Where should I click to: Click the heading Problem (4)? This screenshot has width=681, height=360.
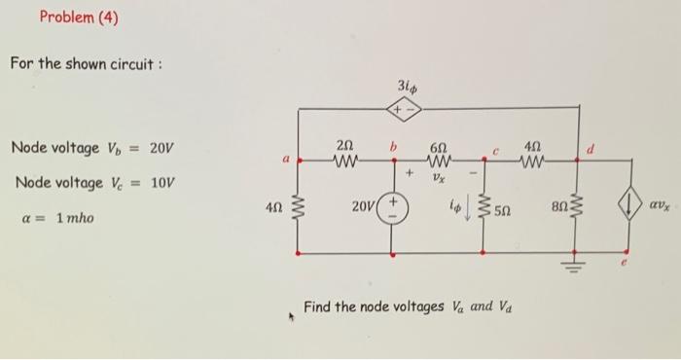(x=79, y=17)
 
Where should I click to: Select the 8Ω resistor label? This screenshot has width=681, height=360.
(x=555, y=210)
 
